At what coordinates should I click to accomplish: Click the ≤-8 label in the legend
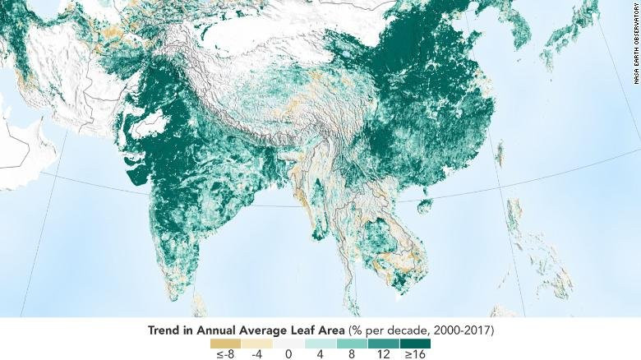coord(225,354)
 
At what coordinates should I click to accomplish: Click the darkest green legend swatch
coord(415,342)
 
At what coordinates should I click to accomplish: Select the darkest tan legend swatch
coord(225,342)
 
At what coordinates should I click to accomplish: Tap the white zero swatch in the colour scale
coord(289,342)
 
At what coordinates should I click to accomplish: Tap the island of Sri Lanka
coord(198,302)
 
